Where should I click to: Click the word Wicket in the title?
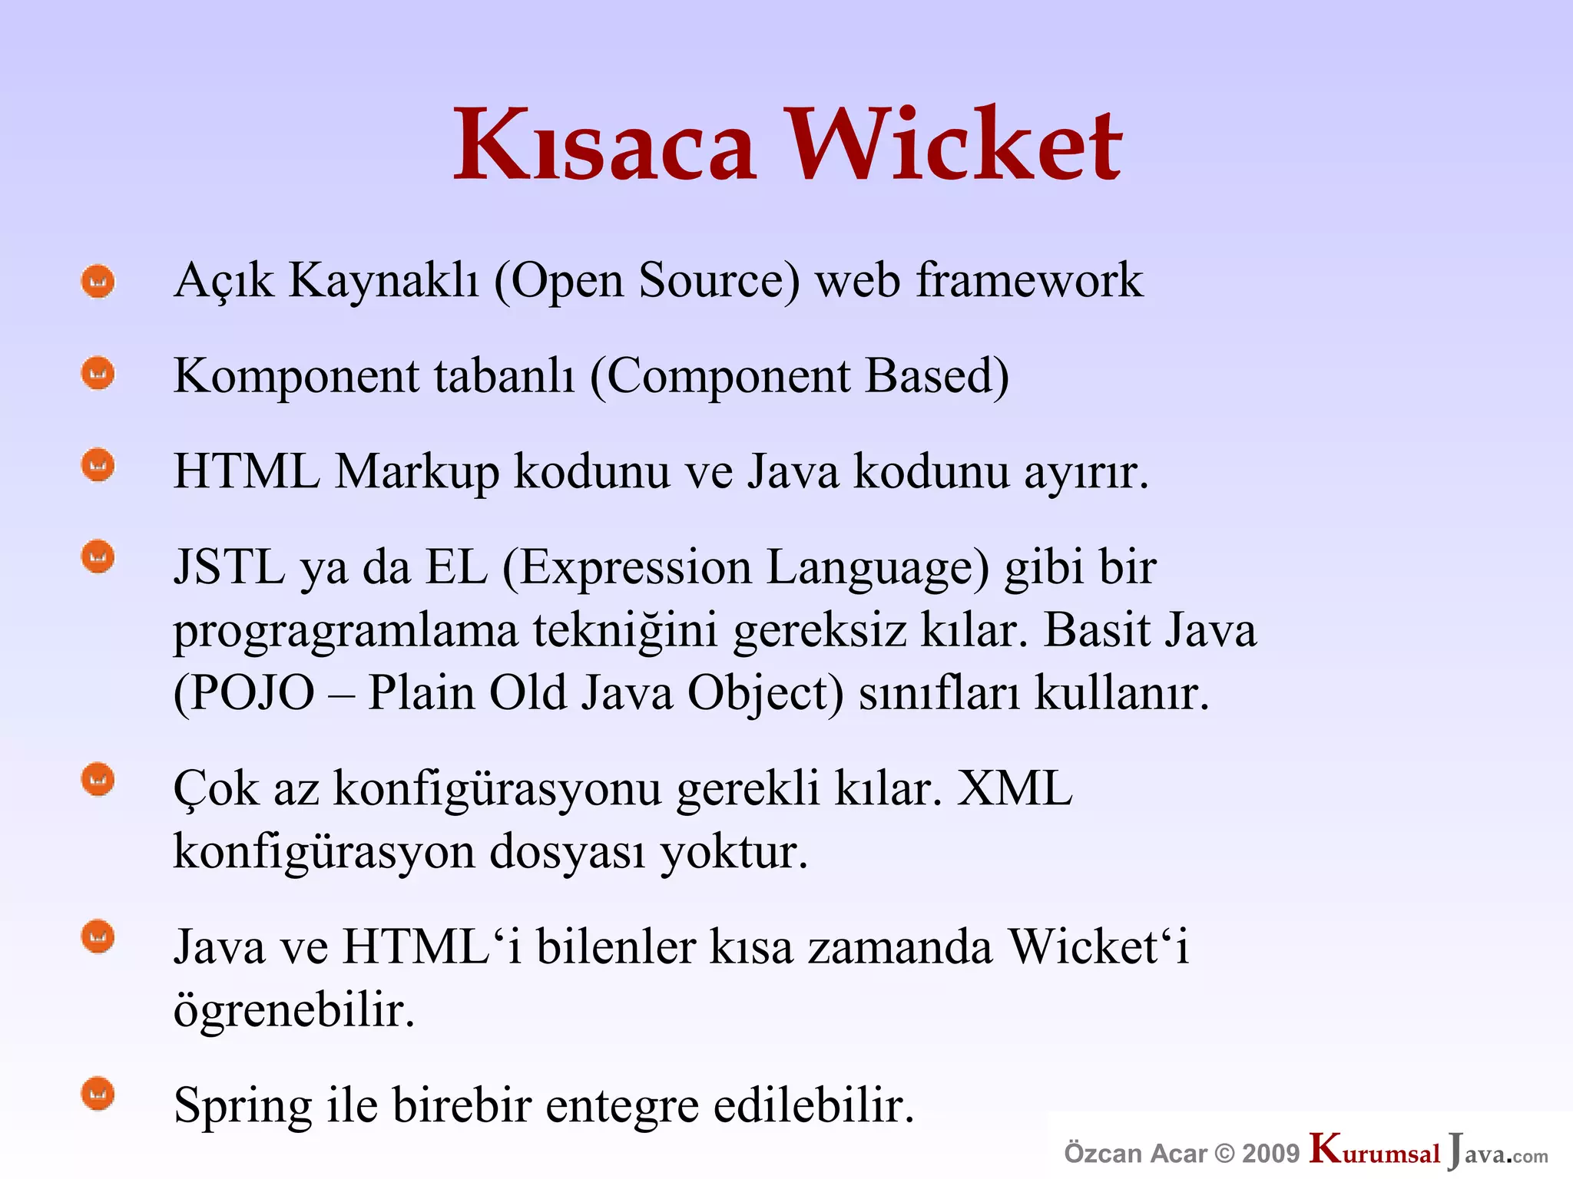point(955,145)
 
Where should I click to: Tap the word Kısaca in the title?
point(605,145)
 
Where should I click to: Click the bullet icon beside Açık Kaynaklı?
point(98,282)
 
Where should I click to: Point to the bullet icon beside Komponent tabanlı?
point(98,374)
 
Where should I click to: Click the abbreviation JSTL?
point(229,568)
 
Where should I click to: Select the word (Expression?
point(628,570)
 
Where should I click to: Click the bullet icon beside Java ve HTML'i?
point(98,937)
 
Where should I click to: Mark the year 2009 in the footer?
point(1270,1153)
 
